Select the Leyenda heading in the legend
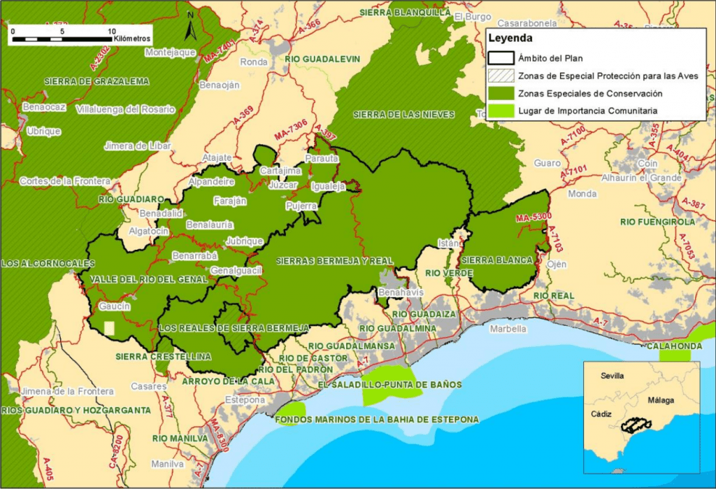point(510,38)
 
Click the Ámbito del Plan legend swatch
point(500,58)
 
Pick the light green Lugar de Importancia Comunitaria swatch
point(500,111)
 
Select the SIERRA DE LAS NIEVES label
point(404,114)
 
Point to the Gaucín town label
point(115,306)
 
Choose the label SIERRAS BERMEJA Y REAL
point(335,260)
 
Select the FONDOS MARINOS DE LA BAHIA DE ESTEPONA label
point(377,420)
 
